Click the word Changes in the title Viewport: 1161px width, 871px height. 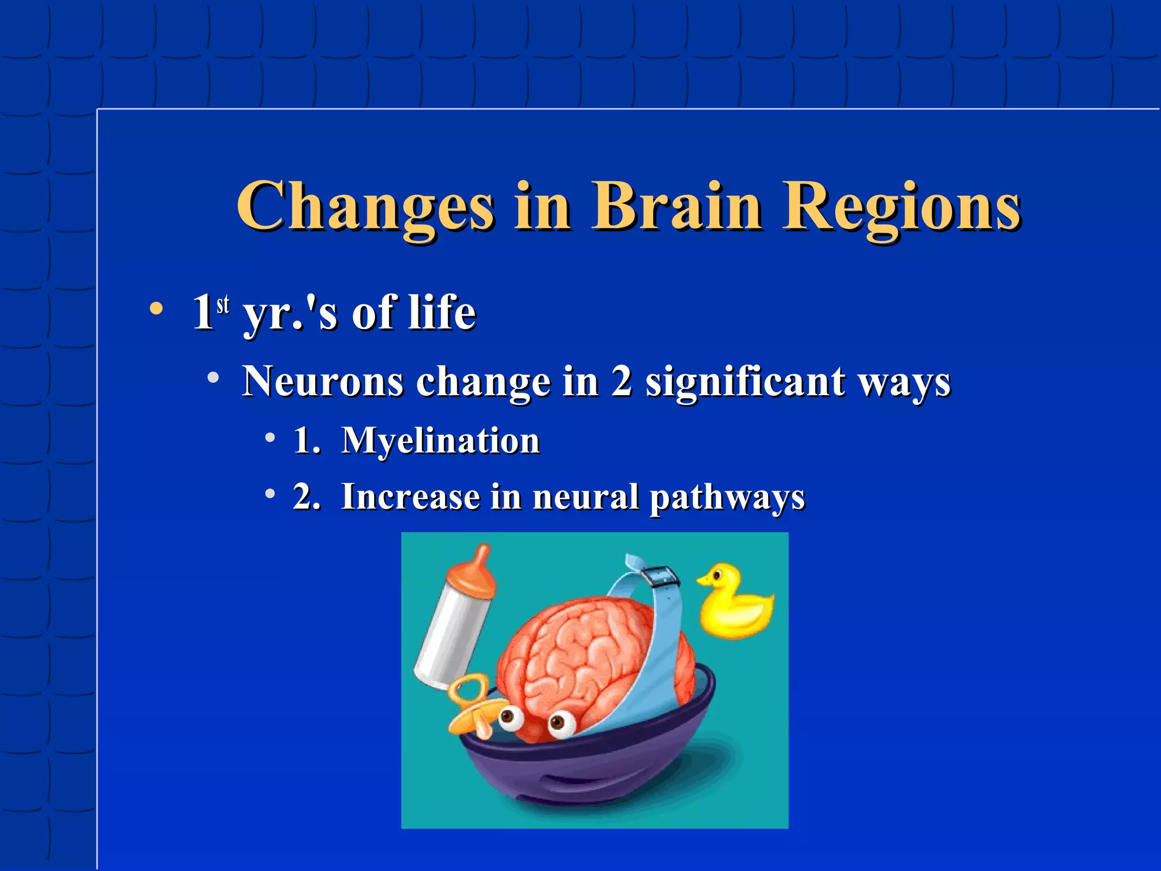366,207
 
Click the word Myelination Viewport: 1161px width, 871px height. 440,441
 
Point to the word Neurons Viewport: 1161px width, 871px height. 323,381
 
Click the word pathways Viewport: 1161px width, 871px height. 727,497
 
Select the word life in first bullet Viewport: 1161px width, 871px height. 442,312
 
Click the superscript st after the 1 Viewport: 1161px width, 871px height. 223,305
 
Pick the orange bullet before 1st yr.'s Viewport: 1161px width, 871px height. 156,310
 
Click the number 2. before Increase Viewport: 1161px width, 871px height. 307,497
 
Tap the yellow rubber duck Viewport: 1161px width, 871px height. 734,604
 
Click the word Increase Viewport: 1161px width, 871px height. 410,497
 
